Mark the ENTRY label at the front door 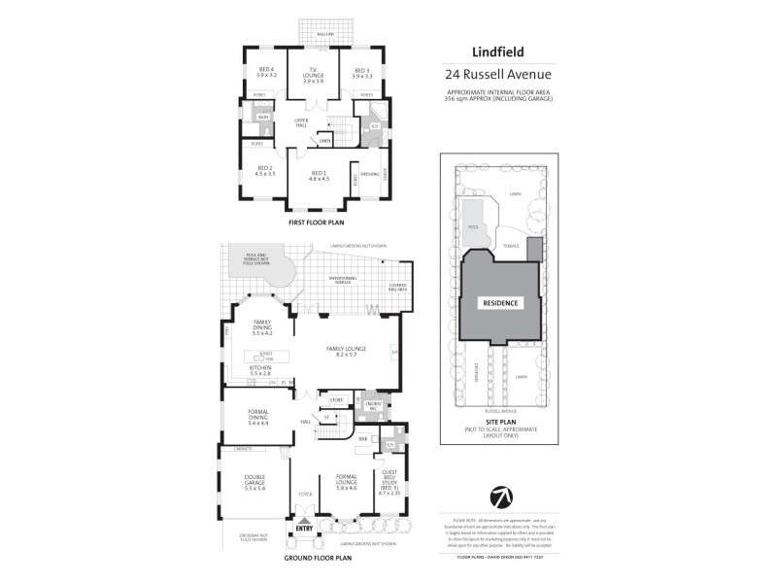305,529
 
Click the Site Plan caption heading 500,422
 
